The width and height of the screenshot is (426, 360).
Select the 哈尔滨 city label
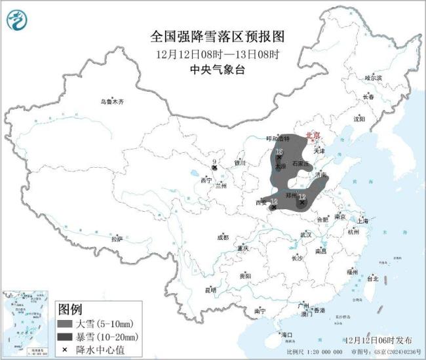point(372,77)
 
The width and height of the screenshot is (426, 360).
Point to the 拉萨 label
point(117,239)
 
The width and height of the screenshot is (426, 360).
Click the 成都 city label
point(223,237)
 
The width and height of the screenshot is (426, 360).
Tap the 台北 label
point(372,279)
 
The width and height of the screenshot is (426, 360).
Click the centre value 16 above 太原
point(280,152)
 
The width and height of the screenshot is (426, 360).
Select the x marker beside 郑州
point(301,203)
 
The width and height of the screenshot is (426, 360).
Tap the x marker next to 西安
point(273,207)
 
